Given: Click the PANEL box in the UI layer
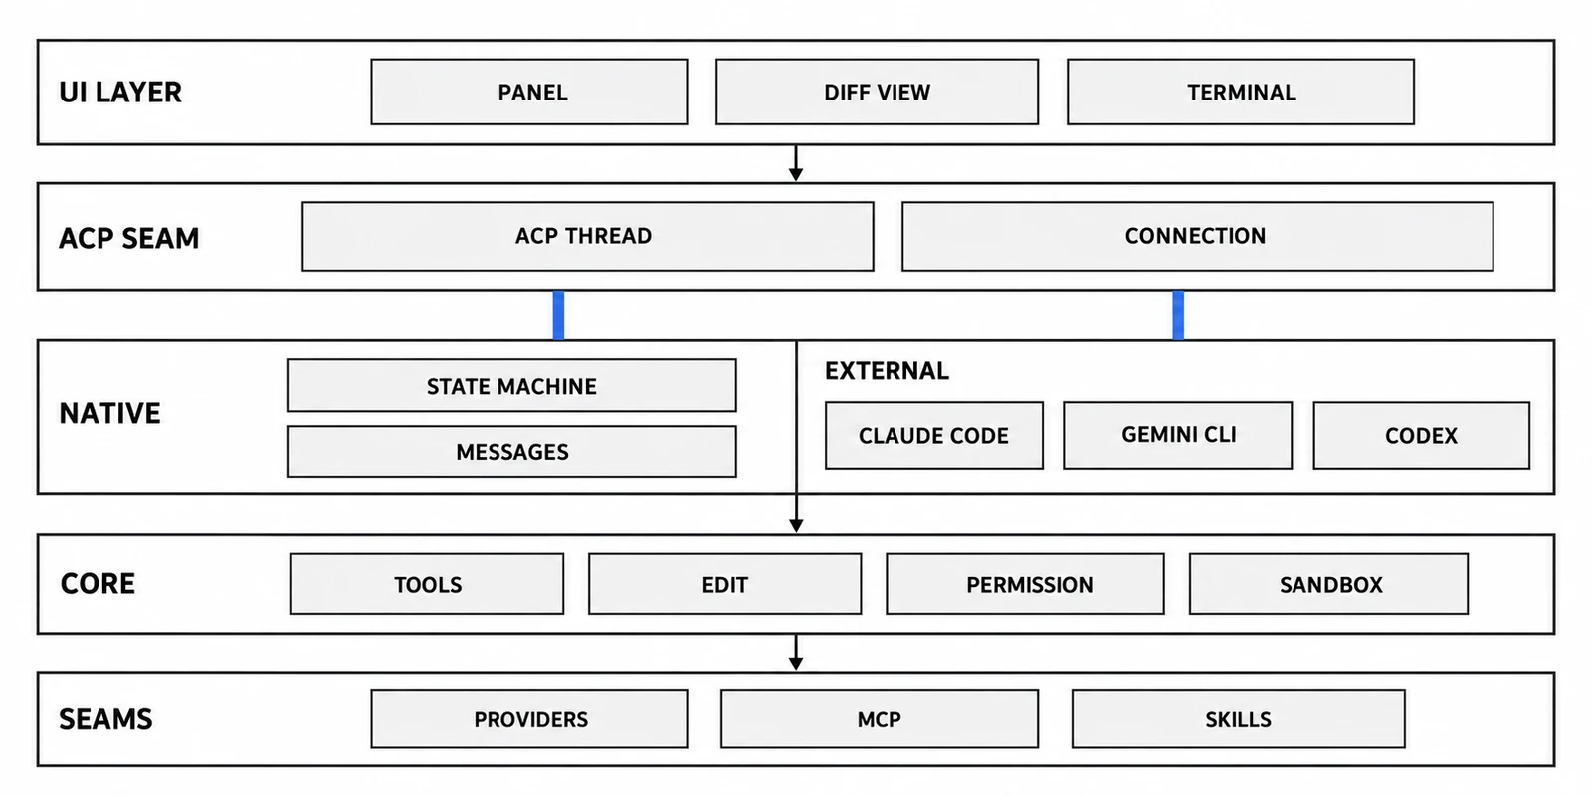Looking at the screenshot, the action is [x=528, y=92].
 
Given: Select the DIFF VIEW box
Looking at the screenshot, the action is [x=877, y=92].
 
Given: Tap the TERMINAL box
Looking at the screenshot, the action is [x=1241, y=92].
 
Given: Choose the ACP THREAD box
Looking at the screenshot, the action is [x=588, y=236].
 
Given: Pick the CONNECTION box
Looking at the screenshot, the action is [x=1198, y=236].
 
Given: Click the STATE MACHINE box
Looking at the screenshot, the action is [x=511, y=385].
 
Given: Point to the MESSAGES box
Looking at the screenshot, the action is [x=511, y=452].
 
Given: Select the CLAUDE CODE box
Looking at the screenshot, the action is [x=934, y=435].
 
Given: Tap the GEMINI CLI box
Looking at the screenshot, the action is [x=1178, y=435].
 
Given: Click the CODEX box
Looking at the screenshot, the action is [x=1422, y=435].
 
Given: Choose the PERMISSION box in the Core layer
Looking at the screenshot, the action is [x=1025, y=583].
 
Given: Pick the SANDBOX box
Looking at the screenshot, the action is [x=1328, y=583].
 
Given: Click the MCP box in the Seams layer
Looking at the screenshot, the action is [x=880, y=718].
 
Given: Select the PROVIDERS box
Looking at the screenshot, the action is [x=528, y=718].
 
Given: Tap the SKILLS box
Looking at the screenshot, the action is [x=1238, y=718].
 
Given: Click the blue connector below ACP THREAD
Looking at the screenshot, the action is [x=558, y=314].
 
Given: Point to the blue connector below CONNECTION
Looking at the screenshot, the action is [x=1178, y=314].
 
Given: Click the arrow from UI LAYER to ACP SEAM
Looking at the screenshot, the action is [x=796, y=163].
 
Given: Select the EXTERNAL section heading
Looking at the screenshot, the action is [x=887, y=370].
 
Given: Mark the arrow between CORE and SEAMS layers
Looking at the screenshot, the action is [x=796, y=652].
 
